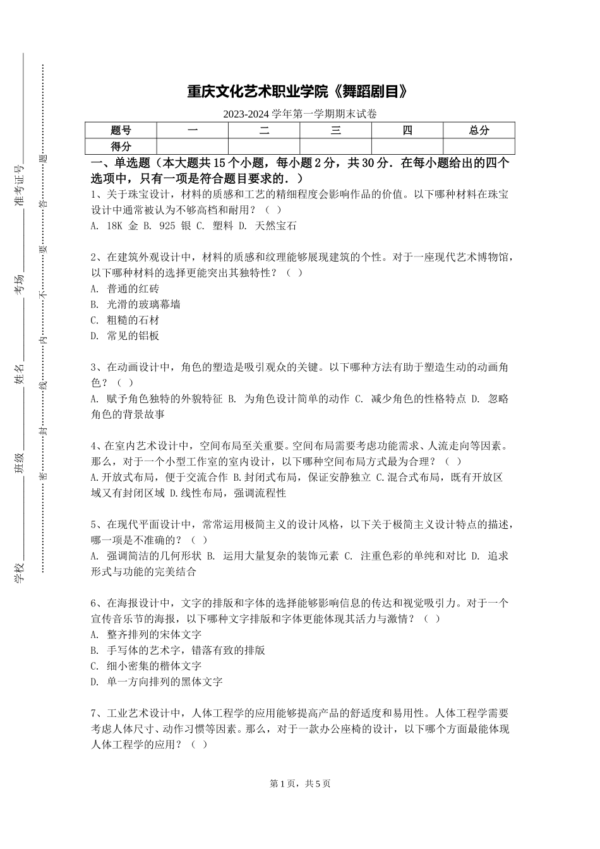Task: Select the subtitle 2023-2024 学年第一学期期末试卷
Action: coord(300,114)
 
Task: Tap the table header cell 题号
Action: coord(121,131)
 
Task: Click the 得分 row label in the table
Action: coord(121,147)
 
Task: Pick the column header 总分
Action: coord(479,131)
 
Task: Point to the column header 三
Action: coord(336,131)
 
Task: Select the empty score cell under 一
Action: coord(193,147)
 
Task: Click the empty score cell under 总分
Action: coord(479,147)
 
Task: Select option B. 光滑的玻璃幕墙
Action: coord(136,304)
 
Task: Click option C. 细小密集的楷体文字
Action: coord(147,666)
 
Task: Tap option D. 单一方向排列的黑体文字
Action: coord(157,682)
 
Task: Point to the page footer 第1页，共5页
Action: coord(300,783)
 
